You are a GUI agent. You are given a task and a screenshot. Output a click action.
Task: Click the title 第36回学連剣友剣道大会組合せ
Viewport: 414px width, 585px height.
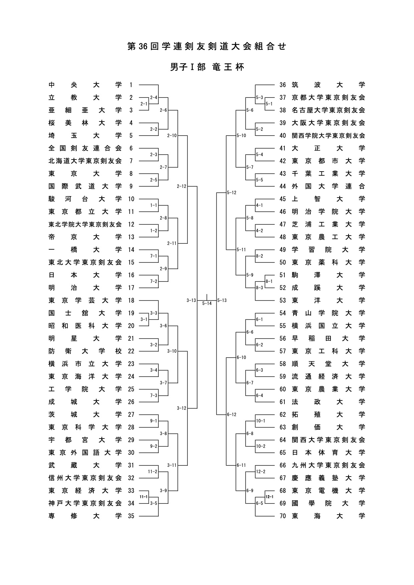coord(207,46)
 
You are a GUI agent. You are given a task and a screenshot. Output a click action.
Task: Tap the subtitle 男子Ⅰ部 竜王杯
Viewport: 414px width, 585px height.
coord(207,67)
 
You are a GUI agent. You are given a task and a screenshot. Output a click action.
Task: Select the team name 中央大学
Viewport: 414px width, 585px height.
coord(85,85)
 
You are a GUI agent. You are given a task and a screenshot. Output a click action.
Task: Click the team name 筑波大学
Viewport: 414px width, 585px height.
coord(328,85)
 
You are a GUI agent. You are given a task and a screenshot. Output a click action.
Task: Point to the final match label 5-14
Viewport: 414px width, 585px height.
coord(207,304)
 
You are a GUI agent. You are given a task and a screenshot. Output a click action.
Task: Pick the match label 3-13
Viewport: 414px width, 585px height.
coord(191,300)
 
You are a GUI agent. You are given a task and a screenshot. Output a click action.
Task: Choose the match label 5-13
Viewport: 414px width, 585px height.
coord(222,300)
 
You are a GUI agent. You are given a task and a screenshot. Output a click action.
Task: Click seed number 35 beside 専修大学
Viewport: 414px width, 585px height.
coord(131,516)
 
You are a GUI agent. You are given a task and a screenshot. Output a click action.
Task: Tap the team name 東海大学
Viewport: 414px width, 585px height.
coord(328,516)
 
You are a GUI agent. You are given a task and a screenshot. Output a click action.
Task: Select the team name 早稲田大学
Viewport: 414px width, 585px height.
coord(328,338)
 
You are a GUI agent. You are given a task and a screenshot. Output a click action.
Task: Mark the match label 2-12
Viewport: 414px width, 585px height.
coord(182,186)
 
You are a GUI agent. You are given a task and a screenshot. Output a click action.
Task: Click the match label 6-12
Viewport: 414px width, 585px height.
coord(232,414)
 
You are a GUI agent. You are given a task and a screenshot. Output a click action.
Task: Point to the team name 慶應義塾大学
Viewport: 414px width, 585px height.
coord(328,478)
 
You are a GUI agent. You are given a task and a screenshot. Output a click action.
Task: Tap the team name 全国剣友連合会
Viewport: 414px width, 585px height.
coord(85,148)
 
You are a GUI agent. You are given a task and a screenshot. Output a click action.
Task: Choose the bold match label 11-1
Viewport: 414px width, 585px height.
coord(144,497)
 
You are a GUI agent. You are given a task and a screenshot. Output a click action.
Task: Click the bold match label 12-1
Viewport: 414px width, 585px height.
coord(269,497)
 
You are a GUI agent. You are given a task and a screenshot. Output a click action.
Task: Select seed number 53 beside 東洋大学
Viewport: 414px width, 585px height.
coord(283,300)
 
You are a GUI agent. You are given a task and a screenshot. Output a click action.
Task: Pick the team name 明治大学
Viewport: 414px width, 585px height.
coord(85,288)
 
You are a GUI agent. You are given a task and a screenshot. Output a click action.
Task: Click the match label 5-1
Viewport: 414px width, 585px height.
coord(269,104)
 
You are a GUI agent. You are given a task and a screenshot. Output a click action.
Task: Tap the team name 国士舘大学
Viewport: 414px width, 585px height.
coord(85,313)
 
